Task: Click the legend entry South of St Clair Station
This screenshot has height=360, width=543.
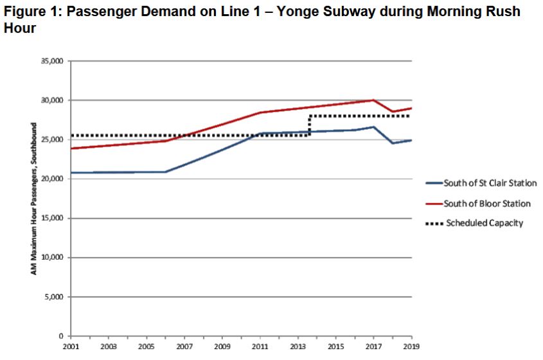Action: coord(490,183)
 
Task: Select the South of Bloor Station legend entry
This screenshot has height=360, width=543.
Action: coord(486,203)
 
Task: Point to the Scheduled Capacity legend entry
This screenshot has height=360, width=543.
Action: coord(483,223)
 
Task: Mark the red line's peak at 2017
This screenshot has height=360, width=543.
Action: coord(373,100)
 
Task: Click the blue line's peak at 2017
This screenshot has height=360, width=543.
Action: coord(373,127)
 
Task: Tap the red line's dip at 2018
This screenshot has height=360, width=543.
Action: coord(393,112)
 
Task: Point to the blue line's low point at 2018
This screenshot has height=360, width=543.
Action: coord(393,143)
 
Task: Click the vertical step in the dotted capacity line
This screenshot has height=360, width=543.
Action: coord(310,126)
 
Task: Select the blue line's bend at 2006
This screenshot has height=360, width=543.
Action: coord(165,172)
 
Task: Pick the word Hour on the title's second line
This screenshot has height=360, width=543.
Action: coord(19,30)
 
